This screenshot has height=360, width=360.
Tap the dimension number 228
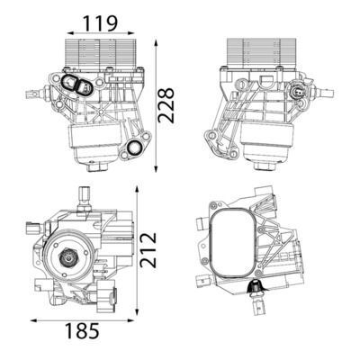pos(166,105)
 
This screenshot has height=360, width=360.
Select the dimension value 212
pos(148,249)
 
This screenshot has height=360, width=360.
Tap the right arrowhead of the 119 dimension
pos(130,33)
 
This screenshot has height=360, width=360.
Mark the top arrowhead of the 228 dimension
pos(156,44)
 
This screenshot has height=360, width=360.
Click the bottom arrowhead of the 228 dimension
pos(156,168)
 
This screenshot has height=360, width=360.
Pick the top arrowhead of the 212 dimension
pos(137,190)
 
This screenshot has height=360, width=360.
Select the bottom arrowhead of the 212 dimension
pos(137,310)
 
